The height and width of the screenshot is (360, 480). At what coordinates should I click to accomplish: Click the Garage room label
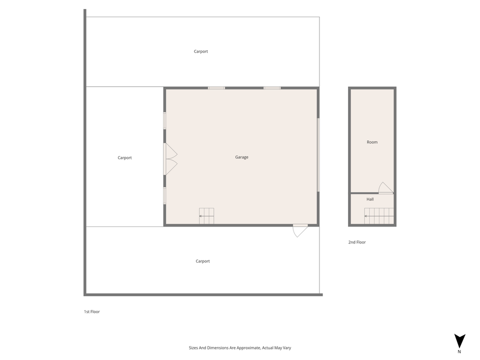241,157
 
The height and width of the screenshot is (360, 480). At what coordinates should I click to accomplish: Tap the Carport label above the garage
201,51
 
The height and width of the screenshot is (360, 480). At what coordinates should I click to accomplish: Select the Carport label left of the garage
124,158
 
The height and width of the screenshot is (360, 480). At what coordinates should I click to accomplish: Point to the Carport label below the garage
202,261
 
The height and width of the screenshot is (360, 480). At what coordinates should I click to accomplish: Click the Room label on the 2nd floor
372,142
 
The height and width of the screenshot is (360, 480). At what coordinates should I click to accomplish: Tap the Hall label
370,199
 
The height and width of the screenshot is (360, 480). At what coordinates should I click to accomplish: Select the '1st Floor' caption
92,311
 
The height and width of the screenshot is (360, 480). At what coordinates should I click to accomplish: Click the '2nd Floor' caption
357,242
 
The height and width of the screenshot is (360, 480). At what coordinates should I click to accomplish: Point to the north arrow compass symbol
459,341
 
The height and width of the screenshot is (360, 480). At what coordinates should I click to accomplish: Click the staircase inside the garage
206,216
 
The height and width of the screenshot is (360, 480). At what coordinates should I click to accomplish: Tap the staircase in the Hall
378,216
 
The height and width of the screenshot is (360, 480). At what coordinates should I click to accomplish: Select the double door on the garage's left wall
169,159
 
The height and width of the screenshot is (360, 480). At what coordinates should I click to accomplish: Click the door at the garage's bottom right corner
299,230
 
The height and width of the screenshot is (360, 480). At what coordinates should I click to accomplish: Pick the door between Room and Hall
385,188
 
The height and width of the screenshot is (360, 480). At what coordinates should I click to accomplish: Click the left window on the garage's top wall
216,88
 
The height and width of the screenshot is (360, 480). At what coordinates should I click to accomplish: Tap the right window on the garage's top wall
272,88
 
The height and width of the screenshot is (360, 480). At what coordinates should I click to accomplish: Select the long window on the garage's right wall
318,154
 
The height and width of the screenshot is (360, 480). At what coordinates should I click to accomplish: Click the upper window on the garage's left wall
164,120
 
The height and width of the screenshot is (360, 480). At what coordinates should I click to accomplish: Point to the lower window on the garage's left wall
164,195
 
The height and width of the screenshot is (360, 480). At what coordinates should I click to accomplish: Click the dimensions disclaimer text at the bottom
239,347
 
